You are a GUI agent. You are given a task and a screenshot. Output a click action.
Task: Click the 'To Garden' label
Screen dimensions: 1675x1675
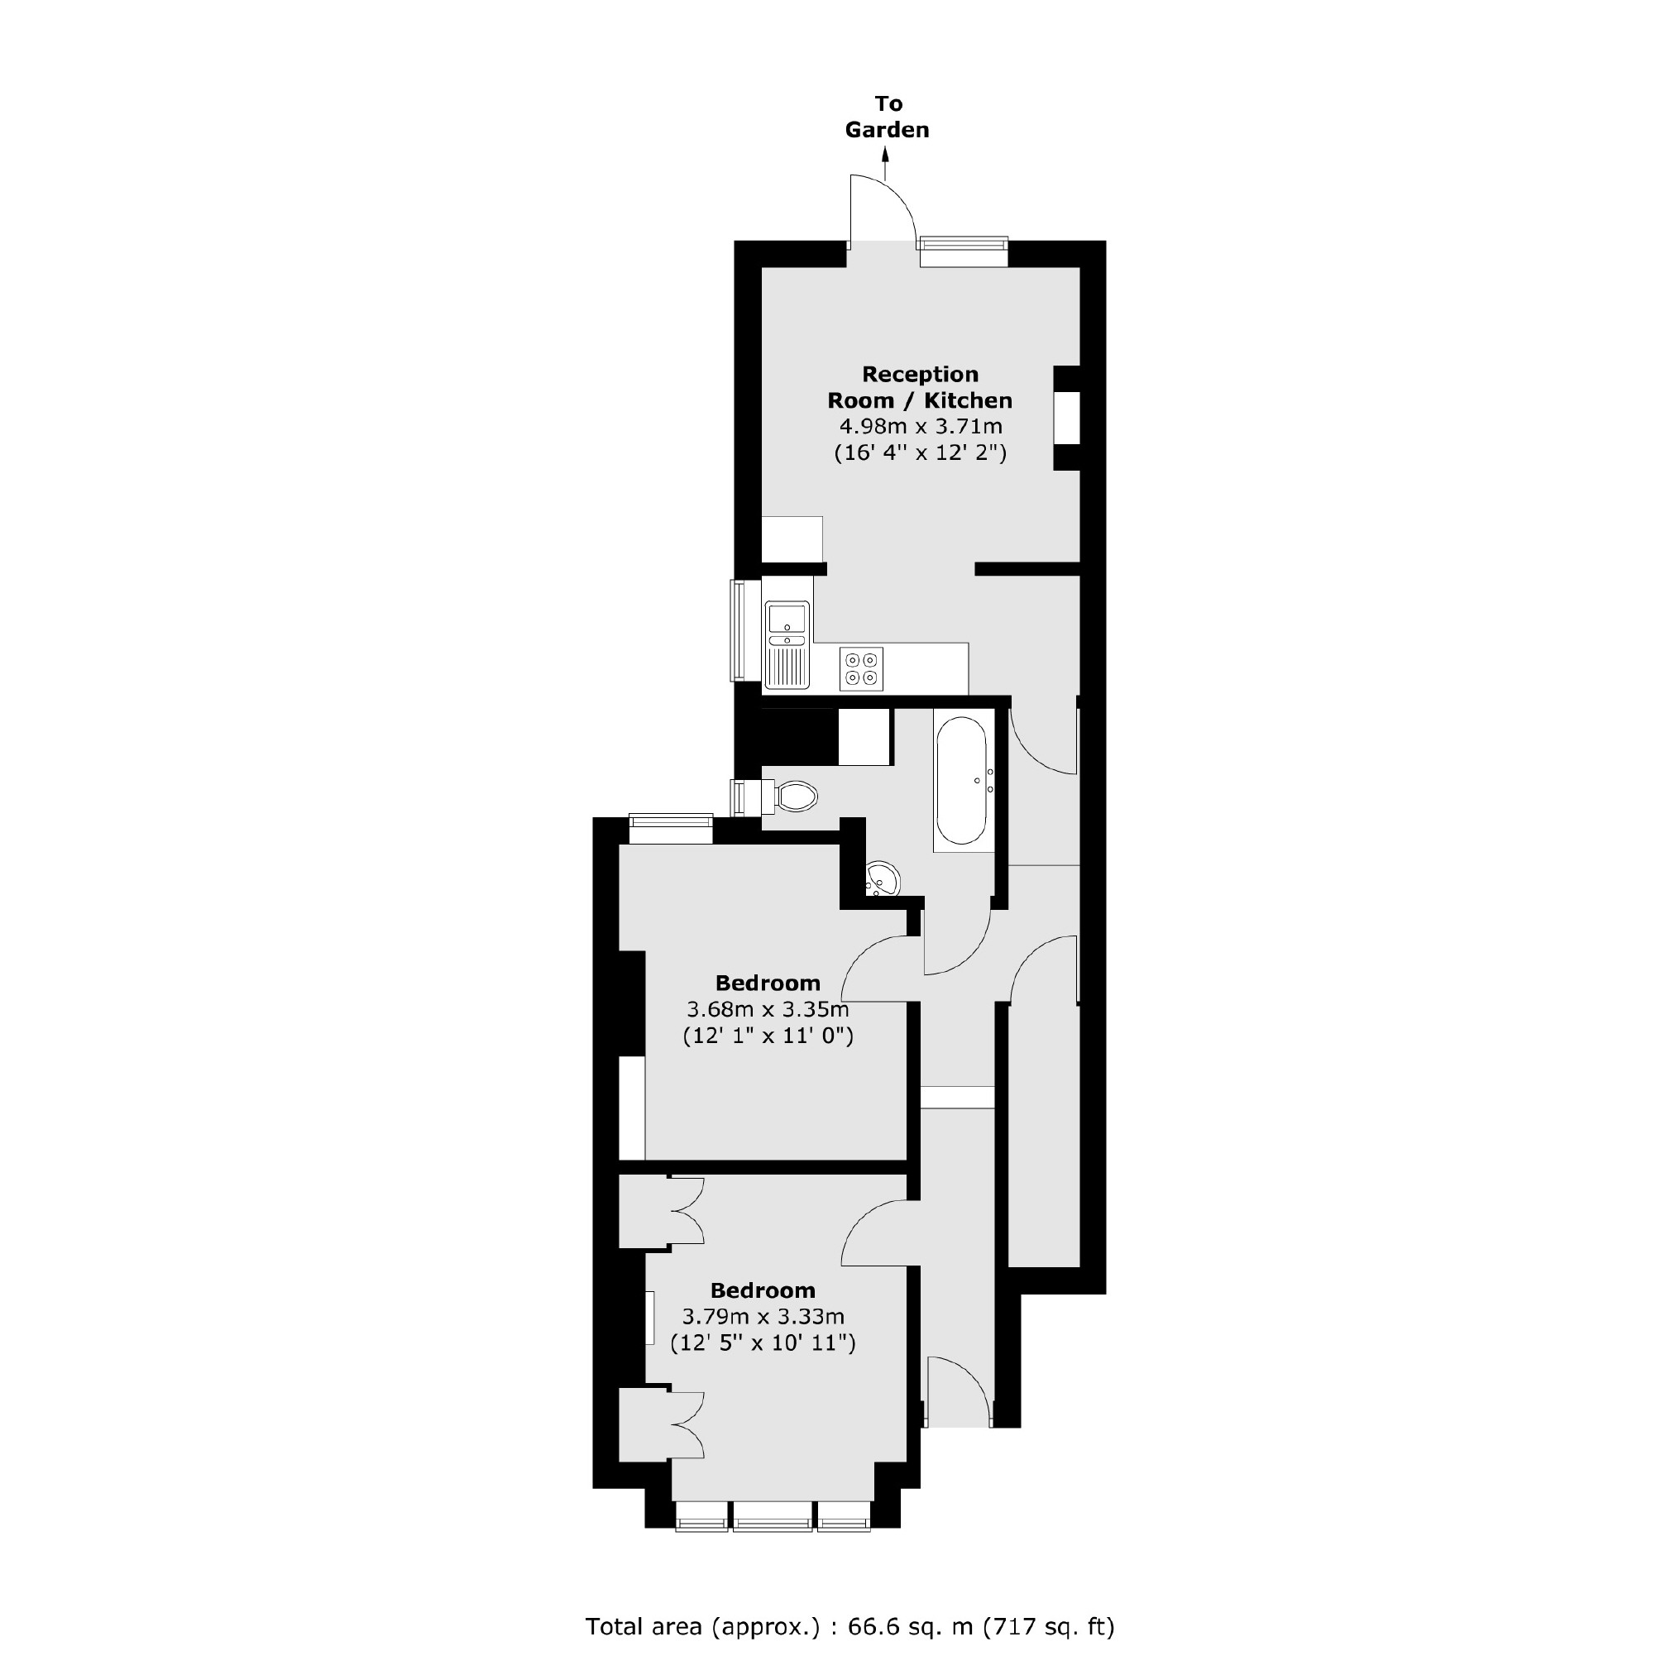click(x=887, y=117)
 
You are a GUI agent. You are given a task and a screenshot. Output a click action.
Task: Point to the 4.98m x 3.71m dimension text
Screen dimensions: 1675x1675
click(x=920, y=427)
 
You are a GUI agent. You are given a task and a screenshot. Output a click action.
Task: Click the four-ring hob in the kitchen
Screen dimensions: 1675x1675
click(x=861, y=668)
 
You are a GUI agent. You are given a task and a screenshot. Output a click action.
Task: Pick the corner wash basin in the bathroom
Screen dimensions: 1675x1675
click(x=881, y=879)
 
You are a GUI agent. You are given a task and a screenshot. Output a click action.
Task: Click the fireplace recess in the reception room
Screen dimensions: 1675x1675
click(x=1067, y=418)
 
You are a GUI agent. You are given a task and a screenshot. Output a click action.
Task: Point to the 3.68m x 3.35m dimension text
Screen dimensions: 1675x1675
click(x=768, y=1009)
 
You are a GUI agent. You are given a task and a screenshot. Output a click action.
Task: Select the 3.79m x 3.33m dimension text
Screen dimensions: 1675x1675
click(x=763, y=1316)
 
